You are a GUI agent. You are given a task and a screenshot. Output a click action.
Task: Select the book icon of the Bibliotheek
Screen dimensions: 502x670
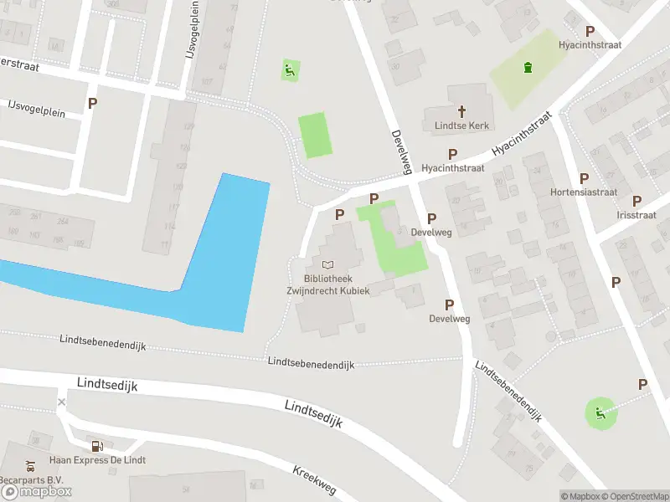327,264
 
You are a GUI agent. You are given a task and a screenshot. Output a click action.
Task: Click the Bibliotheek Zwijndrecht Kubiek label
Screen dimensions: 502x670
327,284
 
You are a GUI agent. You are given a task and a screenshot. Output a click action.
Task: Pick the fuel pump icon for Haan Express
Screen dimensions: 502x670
97,446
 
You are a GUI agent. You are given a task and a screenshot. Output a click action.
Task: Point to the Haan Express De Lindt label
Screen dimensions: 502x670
97,460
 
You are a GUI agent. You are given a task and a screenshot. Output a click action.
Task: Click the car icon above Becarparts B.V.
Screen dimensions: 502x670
30,466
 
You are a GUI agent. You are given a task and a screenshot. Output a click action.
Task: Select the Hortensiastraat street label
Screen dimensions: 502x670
584,192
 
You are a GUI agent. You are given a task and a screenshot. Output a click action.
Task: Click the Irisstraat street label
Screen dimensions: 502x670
636,215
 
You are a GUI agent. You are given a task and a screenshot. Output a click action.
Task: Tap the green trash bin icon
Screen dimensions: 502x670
527,69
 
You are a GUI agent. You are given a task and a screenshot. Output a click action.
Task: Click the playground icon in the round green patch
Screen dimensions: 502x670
599,412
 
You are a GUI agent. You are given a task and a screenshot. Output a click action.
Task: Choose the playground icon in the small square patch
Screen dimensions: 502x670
289,70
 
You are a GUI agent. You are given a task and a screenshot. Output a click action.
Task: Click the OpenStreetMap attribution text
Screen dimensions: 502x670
634,496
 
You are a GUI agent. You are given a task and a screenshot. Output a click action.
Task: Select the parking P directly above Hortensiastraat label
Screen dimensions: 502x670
584,178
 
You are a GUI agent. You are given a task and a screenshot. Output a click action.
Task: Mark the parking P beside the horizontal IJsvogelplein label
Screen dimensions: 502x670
92,104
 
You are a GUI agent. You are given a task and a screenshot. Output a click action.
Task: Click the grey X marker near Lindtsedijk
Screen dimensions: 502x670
61,402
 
